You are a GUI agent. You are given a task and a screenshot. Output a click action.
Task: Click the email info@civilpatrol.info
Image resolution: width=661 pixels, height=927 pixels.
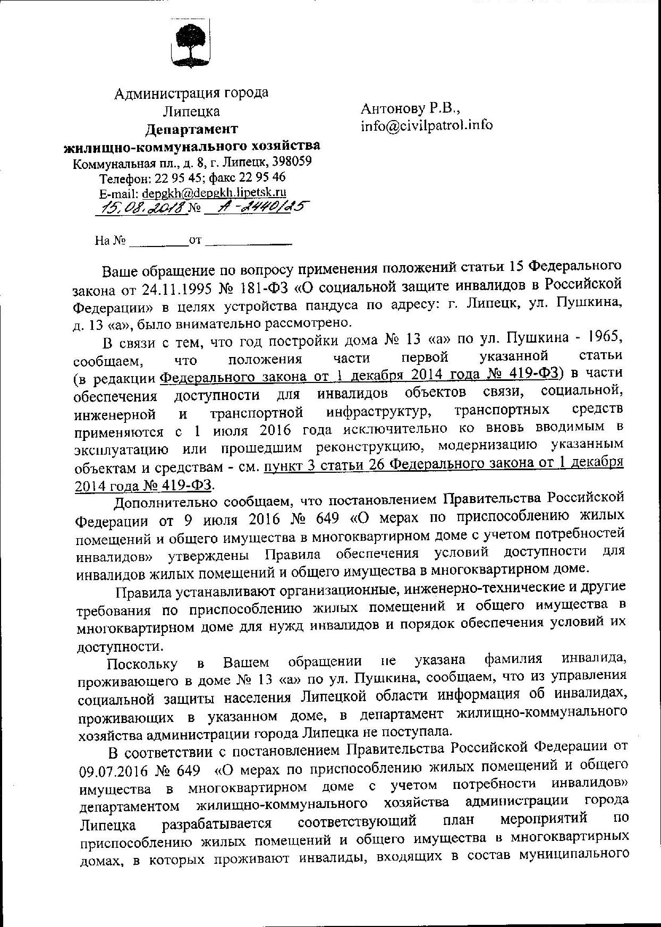(427, 125)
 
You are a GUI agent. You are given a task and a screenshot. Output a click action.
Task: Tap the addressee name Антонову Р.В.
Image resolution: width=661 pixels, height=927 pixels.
(410, 108)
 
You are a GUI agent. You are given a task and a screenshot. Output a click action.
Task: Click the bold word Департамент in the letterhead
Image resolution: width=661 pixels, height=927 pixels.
(192, 129)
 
